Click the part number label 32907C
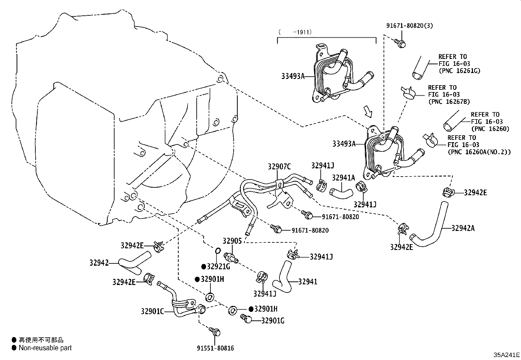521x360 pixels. click(279, 167)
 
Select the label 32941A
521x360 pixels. click(343, 178)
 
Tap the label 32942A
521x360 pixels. click(463, 228)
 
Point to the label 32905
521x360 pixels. click(232, 241)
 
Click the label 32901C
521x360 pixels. click(152, 311)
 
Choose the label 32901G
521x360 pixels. click(273, 321)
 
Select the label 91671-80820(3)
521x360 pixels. click(409, 26)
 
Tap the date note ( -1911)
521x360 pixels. click(295, 32)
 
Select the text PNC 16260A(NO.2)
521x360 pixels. click(479, 152)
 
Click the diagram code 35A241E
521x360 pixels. click(507, 355)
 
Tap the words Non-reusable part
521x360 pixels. click(45, 348)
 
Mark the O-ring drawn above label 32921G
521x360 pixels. click(217, 251)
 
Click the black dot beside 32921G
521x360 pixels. click(204, 266)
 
